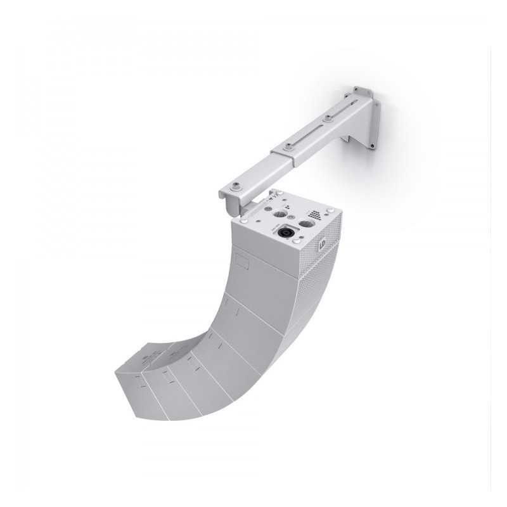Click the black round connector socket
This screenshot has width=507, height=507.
[285, 232]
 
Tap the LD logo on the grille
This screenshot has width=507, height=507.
[323, 243]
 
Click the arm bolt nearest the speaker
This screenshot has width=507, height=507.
[236, 184]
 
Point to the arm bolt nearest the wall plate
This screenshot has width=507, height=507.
[328, 117]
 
